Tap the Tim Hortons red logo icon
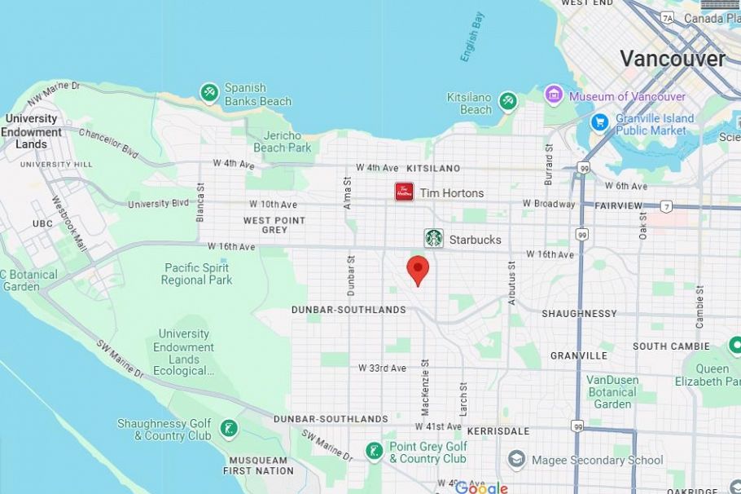[405, 192]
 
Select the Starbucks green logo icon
[434, 238]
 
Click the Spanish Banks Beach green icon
[209, 93]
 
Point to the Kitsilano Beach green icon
[508, 101]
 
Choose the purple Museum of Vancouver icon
[555, 95]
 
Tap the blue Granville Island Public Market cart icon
[600, 122]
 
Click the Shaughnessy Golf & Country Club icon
[229, 428]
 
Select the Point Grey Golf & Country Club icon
[374, 451]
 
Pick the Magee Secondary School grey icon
[516, 460]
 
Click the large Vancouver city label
[672, 59]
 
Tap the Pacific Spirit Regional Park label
[196, 274]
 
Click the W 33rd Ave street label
[383, 368]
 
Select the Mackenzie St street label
[424, 383]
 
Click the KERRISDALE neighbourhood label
[498, 430]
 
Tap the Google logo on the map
[480, 487]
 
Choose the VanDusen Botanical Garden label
[612, 392]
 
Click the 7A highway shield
[668, 17]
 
